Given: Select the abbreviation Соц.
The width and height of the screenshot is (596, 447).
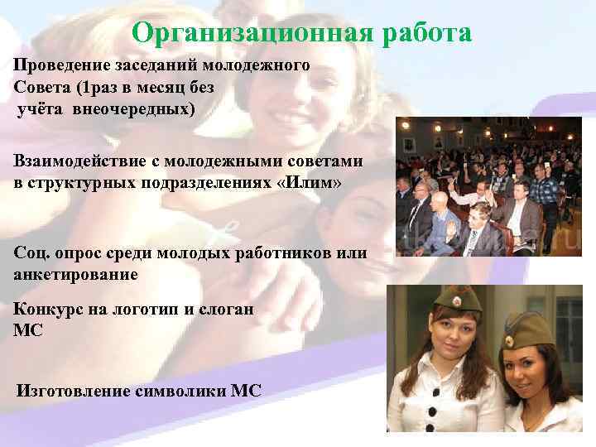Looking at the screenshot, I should coord(30,252).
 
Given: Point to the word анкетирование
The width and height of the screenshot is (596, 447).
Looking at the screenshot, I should coord(76,273).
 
